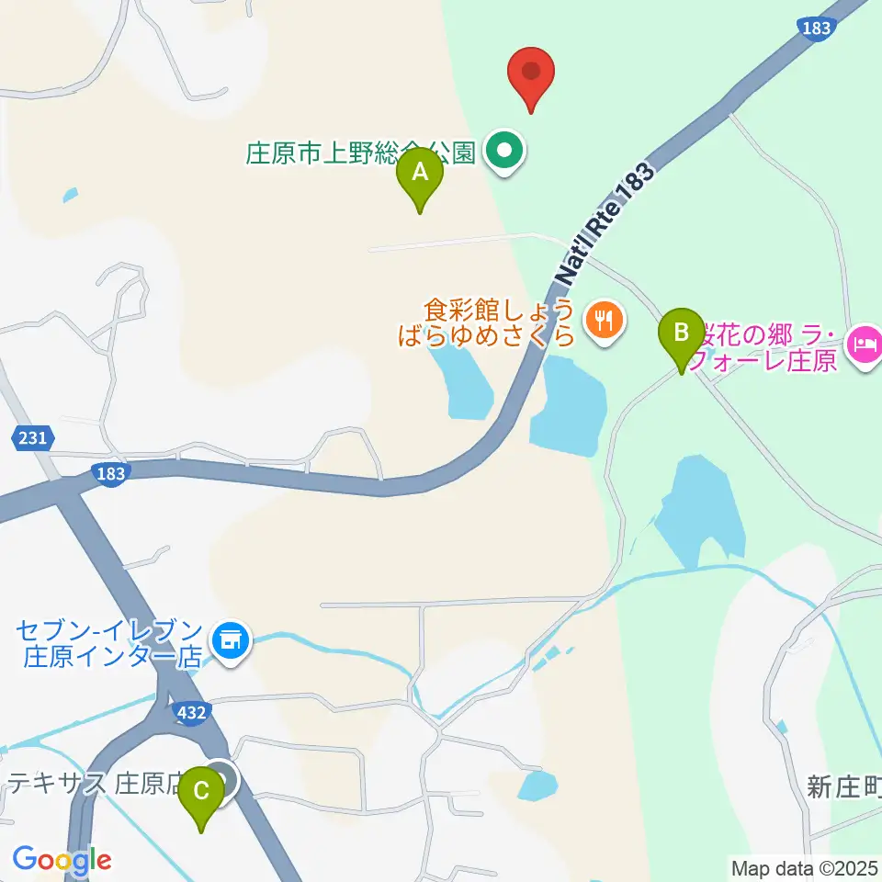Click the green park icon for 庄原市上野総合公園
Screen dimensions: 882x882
503,152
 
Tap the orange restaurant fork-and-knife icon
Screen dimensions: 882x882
603,321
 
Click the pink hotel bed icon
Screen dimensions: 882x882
866,345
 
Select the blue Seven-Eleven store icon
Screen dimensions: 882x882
229,641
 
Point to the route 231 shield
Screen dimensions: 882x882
32,439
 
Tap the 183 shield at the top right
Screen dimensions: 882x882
816,28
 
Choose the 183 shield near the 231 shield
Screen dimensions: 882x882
109,473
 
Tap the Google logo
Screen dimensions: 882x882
62,861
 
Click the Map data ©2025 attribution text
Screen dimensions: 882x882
805,867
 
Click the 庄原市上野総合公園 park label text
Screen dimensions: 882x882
359,153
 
